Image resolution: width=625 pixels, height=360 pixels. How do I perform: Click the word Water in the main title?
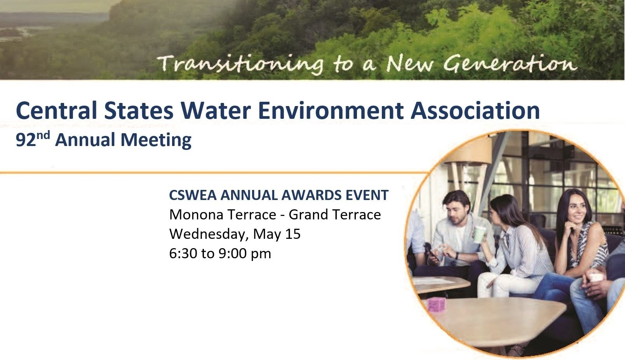(x=216, y=110)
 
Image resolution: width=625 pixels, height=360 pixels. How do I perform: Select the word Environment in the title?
(x=331, y=110)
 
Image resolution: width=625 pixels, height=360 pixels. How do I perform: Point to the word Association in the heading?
(x=475, y=110)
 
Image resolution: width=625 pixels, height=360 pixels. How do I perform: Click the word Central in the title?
(x=56, y=110)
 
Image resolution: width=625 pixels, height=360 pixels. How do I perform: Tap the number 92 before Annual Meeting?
(x=26, y=140)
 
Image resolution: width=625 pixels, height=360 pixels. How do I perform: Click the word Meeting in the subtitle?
(x=156, y=140)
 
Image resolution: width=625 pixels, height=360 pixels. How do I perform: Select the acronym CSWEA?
(x=193, y=195)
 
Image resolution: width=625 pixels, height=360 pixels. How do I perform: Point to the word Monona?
(x=195, y=215)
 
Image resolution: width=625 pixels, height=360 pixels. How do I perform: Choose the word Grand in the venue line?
(x=308, y=215)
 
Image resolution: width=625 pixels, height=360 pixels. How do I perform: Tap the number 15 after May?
(x=293, y=234)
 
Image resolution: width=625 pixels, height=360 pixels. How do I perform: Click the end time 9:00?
(x=232, y=254)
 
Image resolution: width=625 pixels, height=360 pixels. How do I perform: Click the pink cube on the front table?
(x=436, y=304)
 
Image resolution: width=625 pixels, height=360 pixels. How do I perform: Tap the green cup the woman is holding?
(x=479, y=235)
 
